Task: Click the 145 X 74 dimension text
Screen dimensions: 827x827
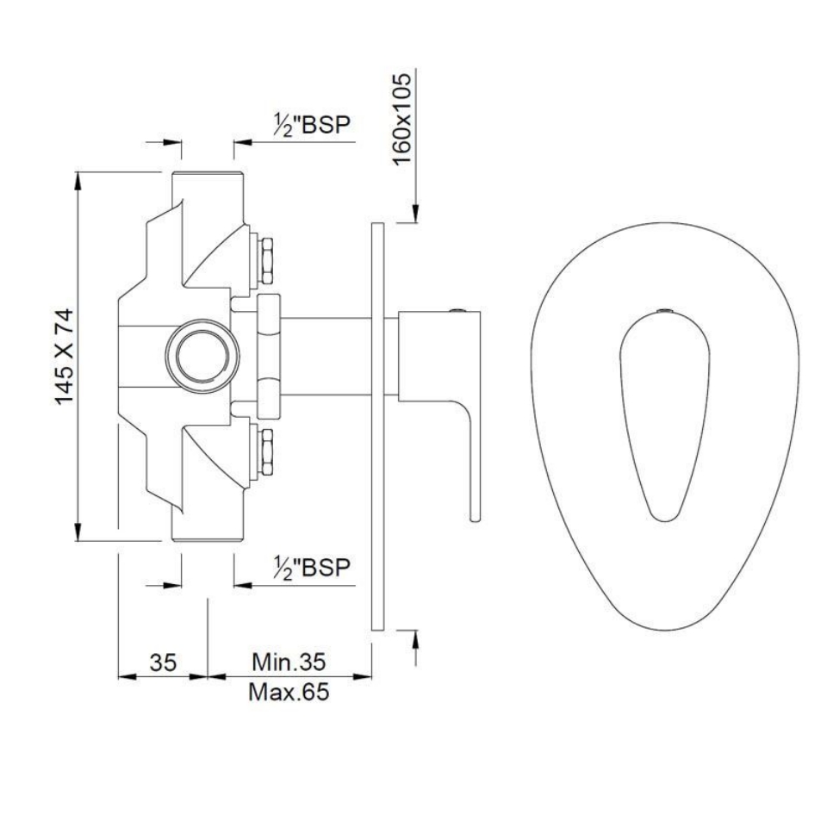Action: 65,356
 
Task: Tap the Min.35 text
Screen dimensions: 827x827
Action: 289,662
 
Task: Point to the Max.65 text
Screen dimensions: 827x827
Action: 289,692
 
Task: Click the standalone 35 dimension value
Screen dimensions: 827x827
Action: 163,662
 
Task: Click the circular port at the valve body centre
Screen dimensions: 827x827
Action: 202,356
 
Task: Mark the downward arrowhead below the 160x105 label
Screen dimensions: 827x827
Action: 415,215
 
